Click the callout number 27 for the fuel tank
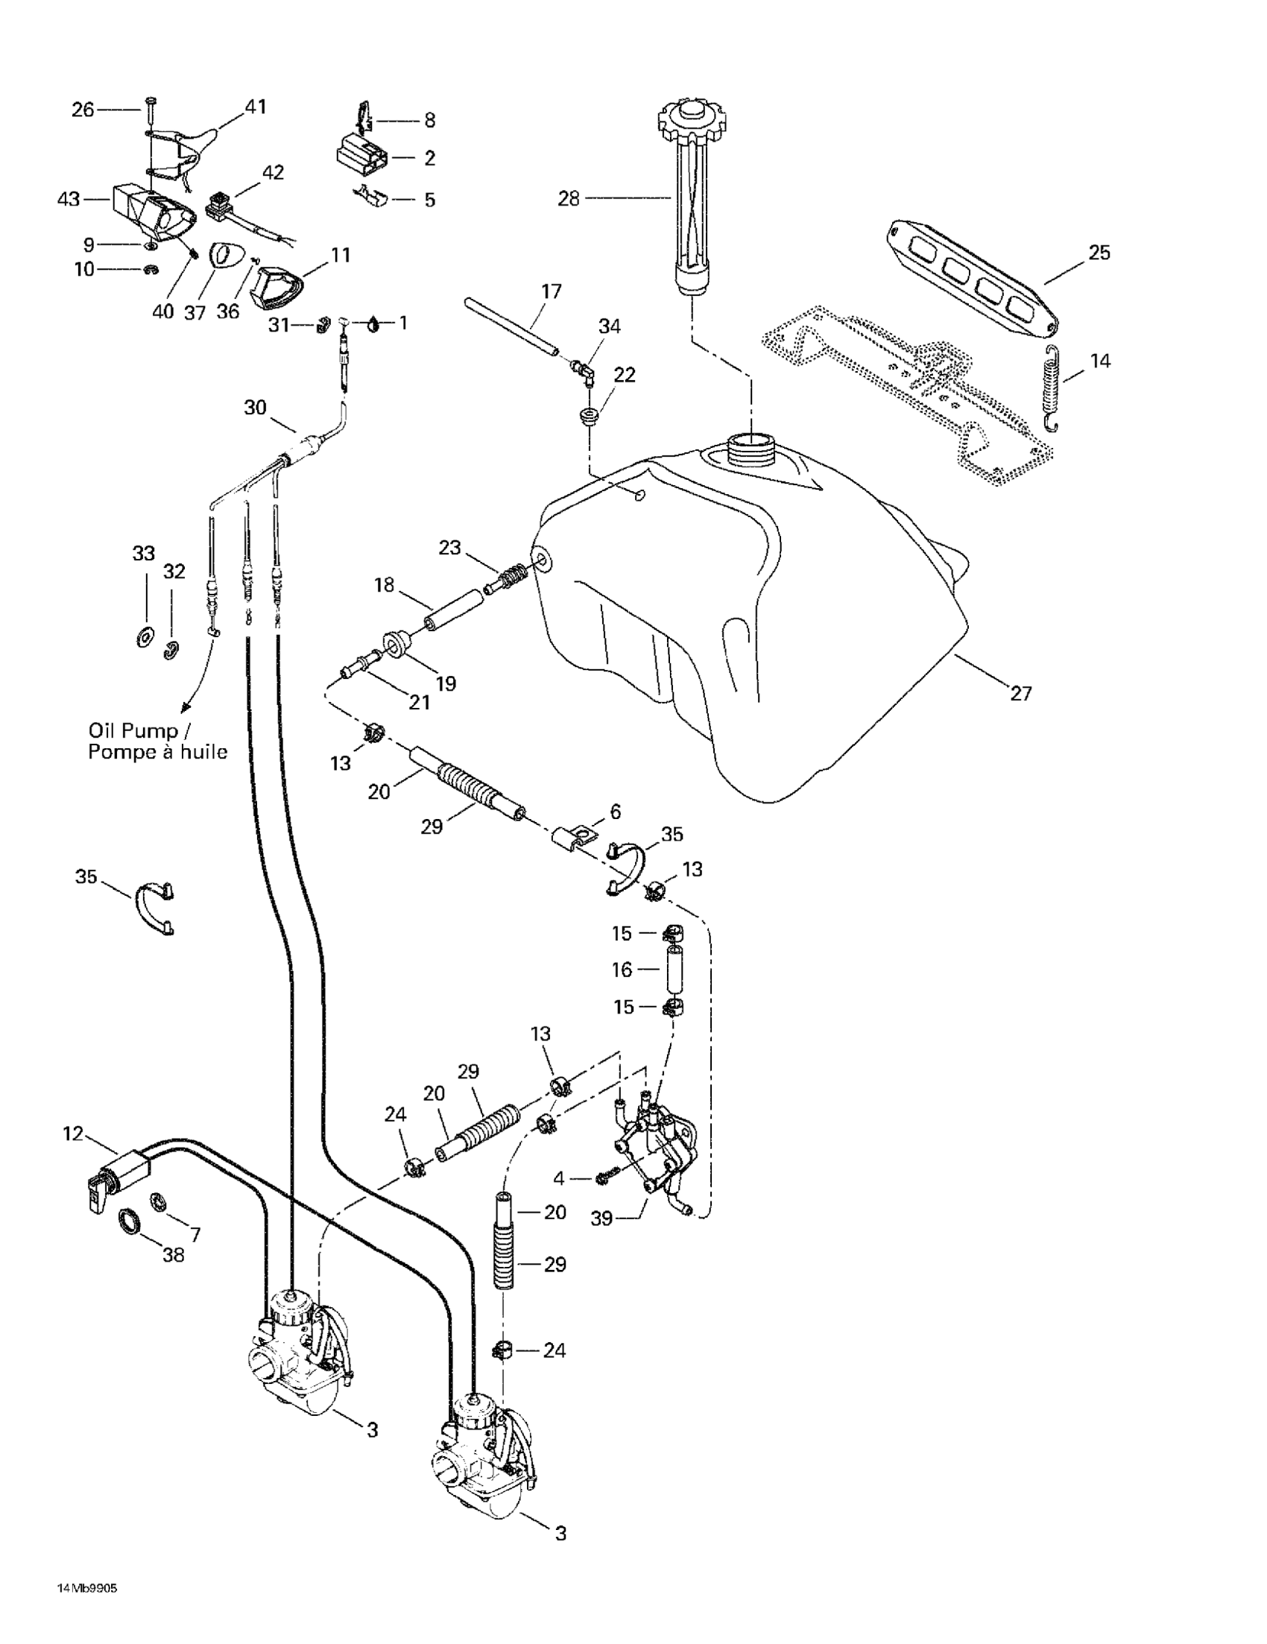point(1020,693)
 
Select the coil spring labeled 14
point(1052,389)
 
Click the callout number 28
point(569,199)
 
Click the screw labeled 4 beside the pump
point(607,1176)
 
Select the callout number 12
point(73,1134)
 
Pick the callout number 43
point(69,200)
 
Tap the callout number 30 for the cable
point(255,407)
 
